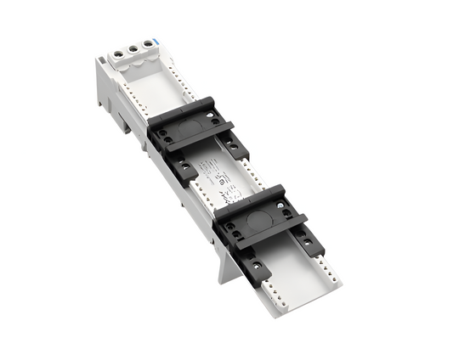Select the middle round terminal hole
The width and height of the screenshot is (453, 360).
point(133,49)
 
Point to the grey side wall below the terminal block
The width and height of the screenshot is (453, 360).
point(114,93)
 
